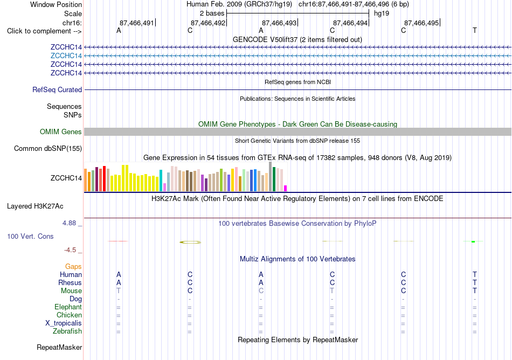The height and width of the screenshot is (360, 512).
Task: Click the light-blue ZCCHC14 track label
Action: coord(66,56)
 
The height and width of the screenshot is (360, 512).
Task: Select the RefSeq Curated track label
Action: coord(57,90)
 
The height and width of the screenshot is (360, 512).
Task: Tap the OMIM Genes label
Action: coord(61,132)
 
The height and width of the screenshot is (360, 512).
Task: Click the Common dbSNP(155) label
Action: coord(48,149)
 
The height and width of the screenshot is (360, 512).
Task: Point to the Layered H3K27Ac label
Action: coord(35,206)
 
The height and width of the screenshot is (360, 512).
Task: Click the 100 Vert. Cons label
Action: coord(30,236)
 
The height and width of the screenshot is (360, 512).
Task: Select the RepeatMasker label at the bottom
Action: coord(59,347)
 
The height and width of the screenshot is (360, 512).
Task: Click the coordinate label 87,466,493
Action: coord(279,23)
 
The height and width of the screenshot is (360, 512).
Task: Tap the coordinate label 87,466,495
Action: coord(421,23)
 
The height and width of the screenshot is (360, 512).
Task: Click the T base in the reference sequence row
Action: coord(474,31)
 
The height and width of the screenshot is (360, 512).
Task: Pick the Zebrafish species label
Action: coord(67,331)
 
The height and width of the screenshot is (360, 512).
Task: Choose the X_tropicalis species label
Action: coord(64,323)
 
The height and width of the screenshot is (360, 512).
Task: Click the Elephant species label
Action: coord(68,307)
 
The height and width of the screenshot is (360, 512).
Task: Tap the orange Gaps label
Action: coord(73,267)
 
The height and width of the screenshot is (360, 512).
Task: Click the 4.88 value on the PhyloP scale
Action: coord(69,223)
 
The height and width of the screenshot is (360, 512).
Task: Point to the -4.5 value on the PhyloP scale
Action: coord(70,250)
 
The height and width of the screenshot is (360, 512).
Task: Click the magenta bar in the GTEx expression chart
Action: coord(286,188)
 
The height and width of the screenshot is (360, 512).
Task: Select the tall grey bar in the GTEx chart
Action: coord(271,177)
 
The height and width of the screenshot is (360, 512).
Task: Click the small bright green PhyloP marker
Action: coord(473,241)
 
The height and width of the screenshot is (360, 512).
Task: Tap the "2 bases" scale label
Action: coord(212,13)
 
